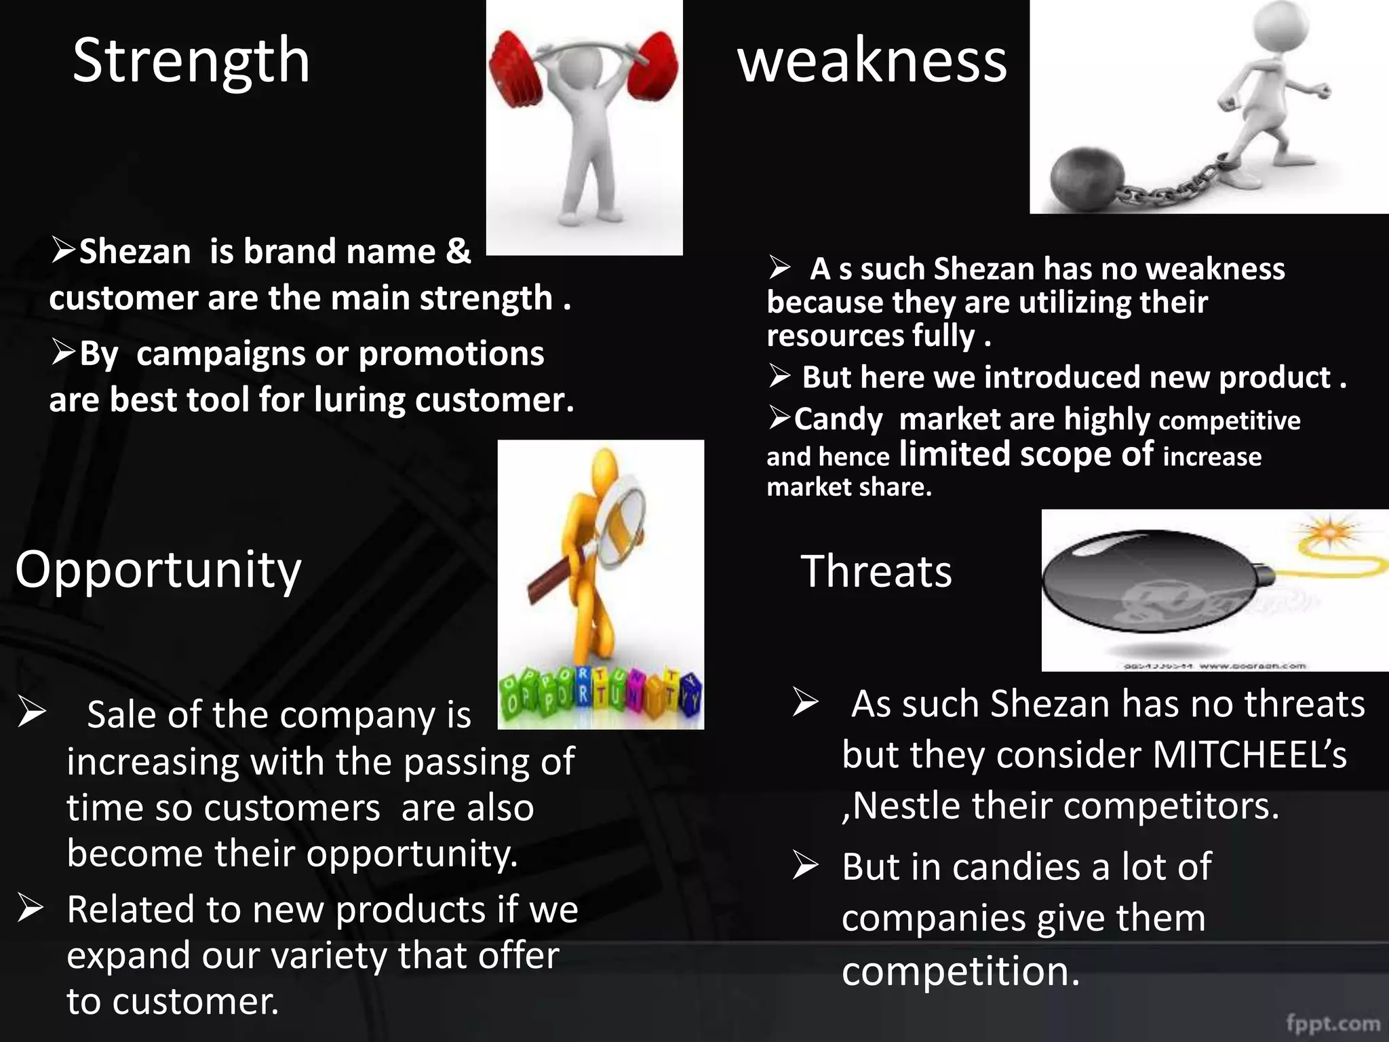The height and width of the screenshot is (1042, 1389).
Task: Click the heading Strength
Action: pyautogui.click(x=191, y=61)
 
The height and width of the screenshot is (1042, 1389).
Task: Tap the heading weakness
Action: pyautogui.click(x=872, y=61)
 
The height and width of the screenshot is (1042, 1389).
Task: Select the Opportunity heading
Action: pyautogui.click(x=158, y=570)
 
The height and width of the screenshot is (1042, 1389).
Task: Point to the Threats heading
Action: pyautogui.click(x=876, y=571)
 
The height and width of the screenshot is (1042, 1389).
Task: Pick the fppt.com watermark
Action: pyautogui.click(x=1333, y=1023)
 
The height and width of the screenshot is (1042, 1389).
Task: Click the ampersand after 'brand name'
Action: pyautogui.click(x=458, y=251)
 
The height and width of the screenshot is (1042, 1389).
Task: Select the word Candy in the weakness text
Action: pyautogui.click(x=838, y=419)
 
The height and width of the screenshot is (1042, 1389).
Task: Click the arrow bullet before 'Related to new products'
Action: pyautogui.click(x=31, y=909)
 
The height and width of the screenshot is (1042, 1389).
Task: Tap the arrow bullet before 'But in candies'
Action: pyautogui.click(x=806, y=867)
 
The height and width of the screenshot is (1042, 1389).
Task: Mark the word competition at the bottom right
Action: pyautogui.click(x=960, y=971)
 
